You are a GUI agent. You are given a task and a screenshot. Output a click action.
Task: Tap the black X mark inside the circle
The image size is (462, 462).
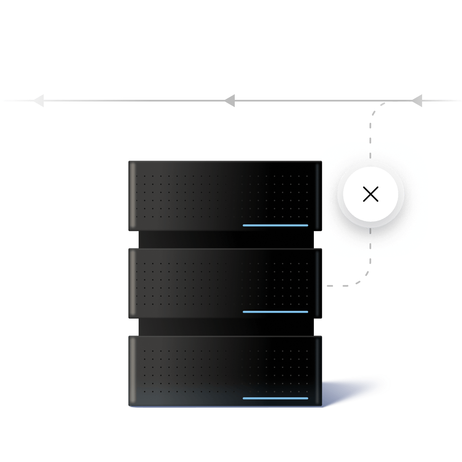[x=370, y=194]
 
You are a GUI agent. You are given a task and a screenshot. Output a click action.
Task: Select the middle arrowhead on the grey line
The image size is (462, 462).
[x=230, y=101]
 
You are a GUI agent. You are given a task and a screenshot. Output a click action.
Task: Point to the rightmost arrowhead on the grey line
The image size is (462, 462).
[x=417, y=101]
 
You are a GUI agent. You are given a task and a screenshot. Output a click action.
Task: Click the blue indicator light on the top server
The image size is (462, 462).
[x=275, y=225]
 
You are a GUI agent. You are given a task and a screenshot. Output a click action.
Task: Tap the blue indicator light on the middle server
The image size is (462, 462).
[x=275, y=312]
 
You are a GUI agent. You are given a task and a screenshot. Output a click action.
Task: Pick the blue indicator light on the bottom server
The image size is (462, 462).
[x=275, y=398]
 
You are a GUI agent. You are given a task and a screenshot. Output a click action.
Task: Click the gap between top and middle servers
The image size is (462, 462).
[x=225, y=240]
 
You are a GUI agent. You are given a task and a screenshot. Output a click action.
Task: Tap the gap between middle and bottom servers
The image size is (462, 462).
[x=225, y=327]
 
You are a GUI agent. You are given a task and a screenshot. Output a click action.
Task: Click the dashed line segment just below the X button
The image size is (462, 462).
[x=370, y=246]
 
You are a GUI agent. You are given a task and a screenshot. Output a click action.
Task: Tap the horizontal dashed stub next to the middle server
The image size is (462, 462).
[x=335, y=286]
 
